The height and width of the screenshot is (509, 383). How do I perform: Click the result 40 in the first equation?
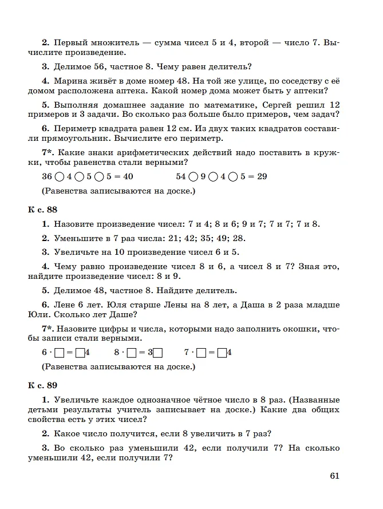[128, 176]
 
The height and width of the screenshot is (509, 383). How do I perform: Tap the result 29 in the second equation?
[262, 176]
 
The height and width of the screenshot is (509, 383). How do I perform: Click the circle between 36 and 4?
[60, 177]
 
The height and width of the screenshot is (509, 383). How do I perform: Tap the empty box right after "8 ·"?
[132, 353]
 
